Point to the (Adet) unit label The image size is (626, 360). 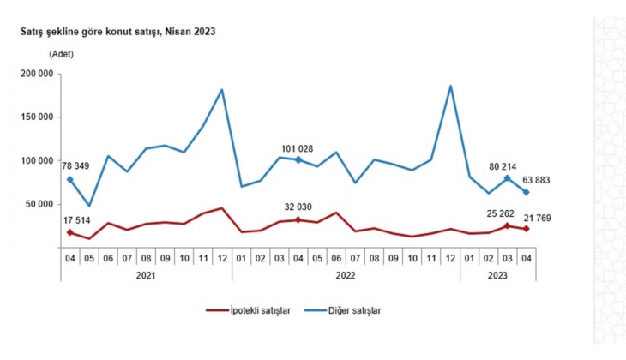pos(62,54)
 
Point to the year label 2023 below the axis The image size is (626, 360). pos(497,276)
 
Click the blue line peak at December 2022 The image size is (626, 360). pos(450,86)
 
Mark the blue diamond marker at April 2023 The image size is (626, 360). pos(525,192)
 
